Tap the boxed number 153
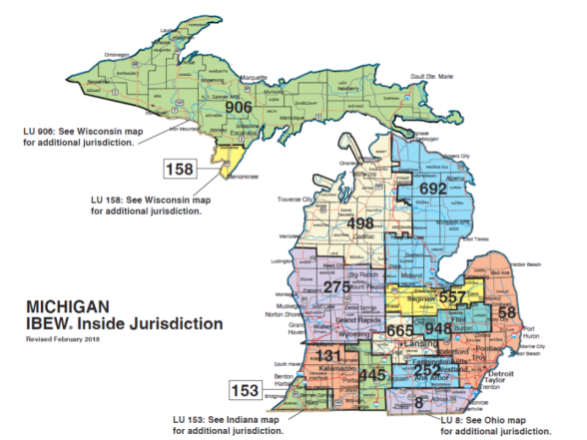point(245,390)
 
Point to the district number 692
point(433,188)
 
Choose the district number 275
point(336,286)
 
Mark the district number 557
point(453,298)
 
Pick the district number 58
point(507,313)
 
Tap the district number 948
point(438,328)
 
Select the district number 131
point(328,356)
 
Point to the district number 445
point(372,374)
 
